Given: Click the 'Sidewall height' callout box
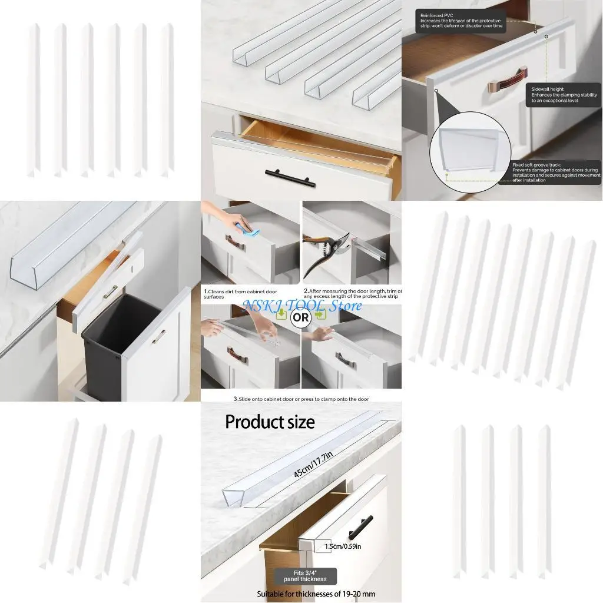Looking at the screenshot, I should click(564, 94).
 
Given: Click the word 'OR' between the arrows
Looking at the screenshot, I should click(301, 317).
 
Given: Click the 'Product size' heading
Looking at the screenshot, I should click(270, 422).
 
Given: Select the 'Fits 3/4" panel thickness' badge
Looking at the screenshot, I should click(306, 575).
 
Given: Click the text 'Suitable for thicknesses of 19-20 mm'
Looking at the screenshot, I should click(316, 594).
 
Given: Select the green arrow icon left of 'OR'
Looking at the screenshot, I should click(283, 315).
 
